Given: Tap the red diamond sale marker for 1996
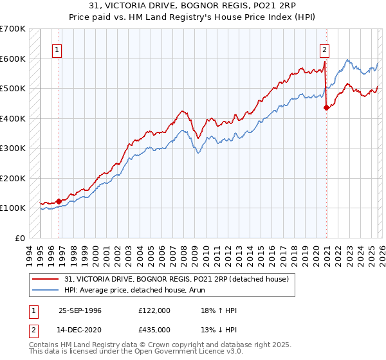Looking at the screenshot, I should point(59,201).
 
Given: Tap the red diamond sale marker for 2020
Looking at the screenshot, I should point(326,108).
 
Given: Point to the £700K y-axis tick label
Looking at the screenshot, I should point(13,29).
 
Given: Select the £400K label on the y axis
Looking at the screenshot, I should point(13,118).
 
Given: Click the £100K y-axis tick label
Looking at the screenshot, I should point(13,208).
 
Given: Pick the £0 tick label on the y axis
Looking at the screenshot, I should point(21,238).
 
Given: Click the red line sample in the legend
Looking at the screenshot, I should point(46,278).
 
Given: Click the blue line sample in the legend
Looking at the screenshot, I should point(46,290).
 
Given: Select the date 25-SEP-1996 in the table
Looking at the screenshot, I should point(80,310).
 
